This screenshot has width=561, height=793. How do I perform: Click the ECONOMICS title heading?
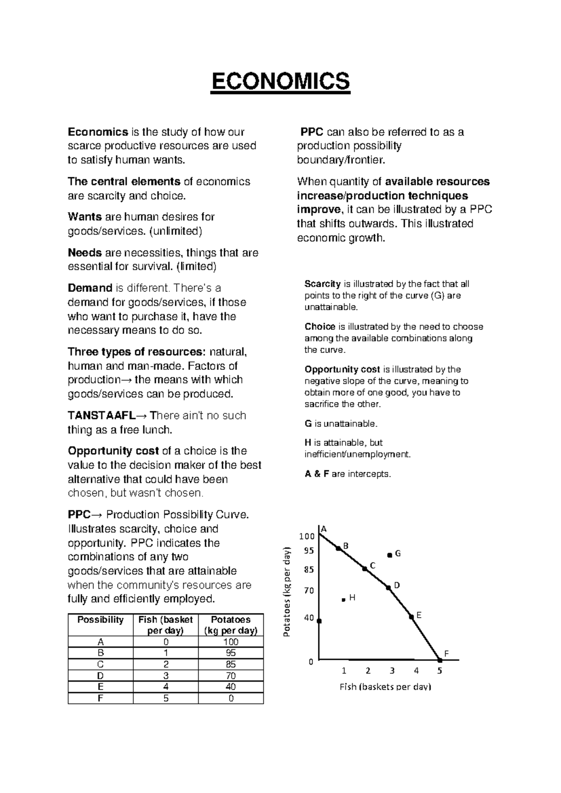[280, 82]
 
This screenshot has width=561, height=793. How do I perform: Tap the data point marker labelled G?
[389, 555]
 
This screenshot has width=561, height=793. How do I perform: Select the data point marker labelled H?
[344, 599]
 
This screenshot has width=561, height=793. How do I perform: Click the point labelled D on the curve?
[388, 587]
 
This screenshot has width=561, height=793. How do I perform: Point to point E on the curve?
[411, 617]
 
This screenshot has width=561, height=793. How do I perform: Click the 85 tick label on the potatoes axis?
[309, 570]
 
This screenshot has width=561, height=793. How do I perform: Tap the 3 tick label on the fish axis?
[392, 671]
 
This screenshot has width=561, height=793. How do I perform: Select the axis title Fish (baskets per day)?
[385, 686]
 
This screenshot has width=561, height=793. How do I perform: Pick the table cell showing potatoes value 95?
[230, 653]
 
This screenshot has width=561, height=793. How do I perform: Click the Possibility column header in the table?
[100, 620]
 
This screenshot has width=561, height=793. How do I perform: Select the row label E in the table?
[100, 687]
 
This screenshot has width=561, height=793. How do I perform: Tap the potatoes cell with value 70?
[230, 676]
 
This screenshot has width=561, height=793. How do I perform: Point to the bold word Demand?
[90, 288]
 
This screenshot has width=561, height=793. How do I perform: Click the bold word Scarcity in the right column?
[323, 284]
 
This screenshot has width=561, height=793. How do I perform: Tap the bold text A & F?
[317, 474]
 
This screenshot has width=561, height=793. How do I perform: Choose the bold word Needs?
[85, 253]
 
